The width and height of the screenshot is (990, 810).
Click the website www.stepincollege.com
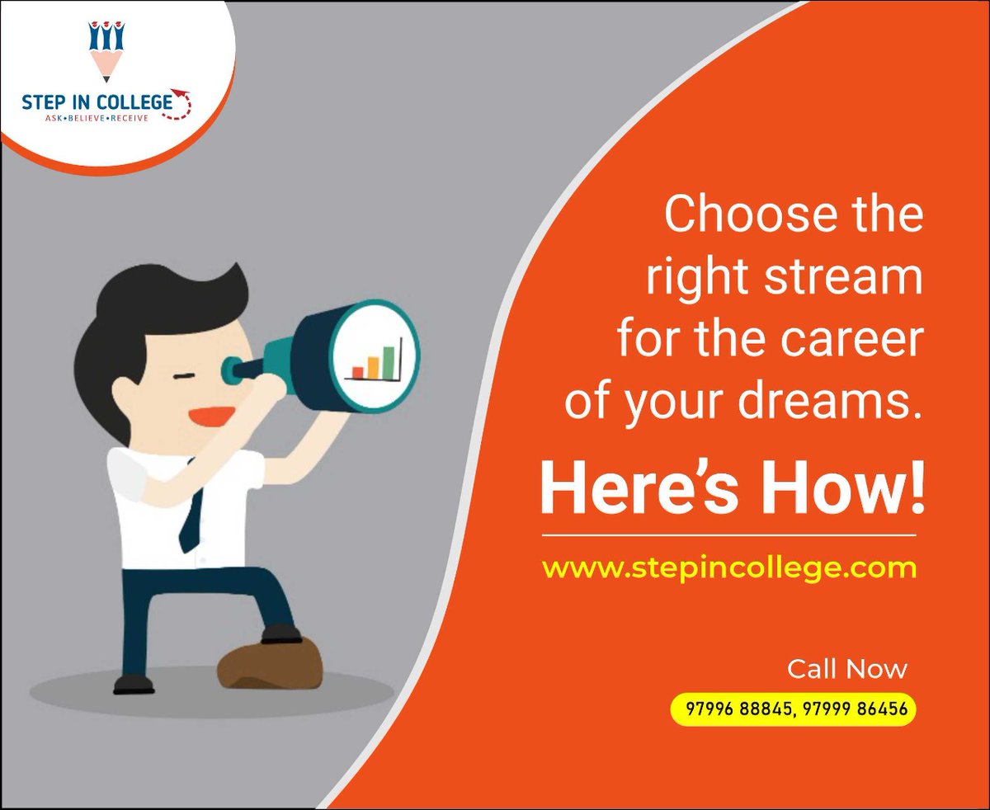tap(729, 568)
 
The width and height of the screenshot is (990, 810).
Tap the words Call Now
tap(846, 668)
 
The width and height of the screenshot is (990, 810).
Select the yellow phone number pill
tap(793, 709)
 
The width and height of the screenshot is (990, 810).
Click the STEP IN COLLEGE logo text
tap(97, 103)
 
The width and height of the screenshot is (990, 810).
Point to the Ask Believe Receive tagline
tap(97, 120)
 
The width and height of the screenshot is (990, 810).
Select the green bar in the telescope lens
tap(388, 360)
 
